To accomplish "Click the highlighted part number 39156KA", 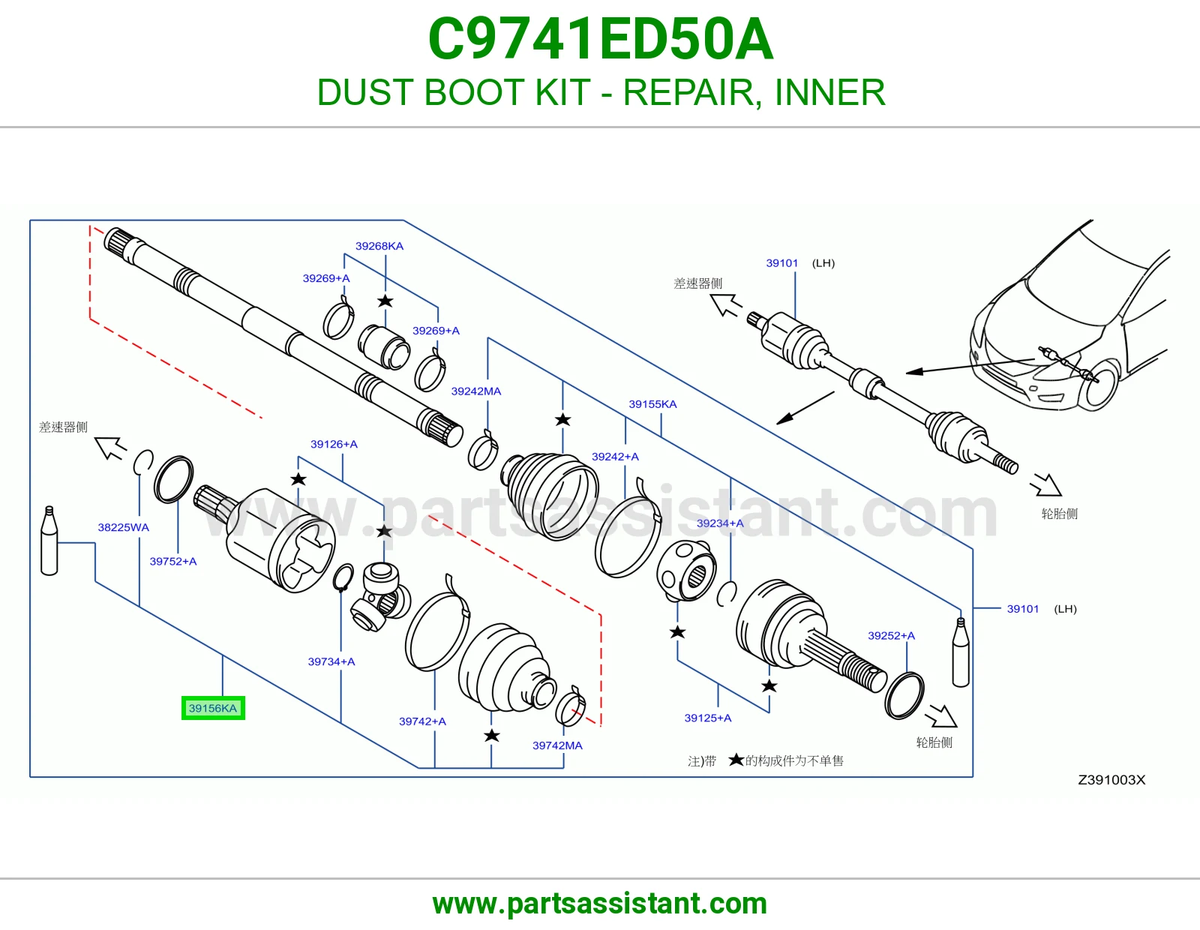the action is (x=212, y=708).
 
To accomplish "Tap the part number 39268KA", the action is (x=379, y=246).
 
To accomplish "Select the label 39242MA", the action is (x=476, y=391).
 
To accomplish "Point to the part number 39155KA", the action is (x=652, y=404).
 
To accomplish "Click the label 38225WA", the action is (x=124, y=527).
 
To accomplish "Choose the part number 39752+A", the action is (x=173, y=562).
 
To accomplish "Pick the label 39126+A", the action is (x=334, y=445).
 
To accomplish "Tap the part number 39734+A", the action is (x=331, y=661).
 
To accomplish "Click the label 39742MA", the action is (x=557, y=745).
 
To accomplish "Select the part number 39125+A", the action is (x=708, y=718).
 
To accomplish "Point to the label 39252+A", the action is (x=891, y=636).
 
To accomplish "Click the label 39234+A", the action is (x=720, y=523).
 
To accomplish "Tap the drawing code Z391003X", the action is (x=1111, y=780).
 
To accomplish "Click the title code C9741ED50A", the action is (x=600, y=39).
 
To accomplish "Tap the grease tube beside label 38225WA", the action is (x=49, y=541).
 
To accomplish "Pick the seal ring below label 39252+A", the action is (x=904, y=696).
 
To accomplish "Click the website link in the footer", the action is (x=600, y=904).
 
